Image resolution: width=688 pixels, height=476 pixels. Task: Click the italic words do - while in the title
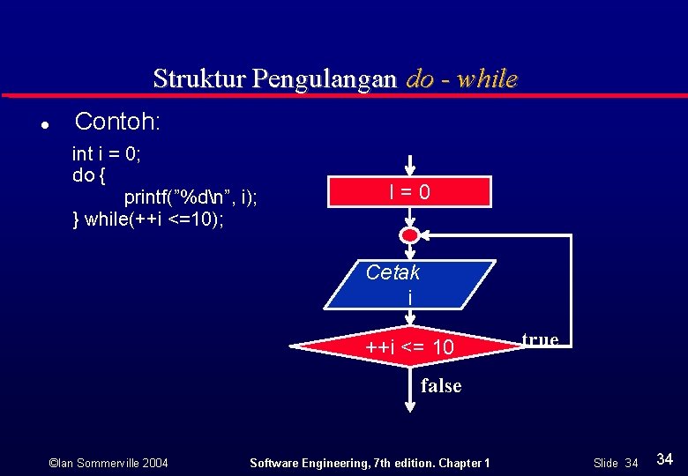tap(461, 78)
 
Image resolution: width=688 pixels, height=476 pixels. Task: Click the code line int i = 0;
tap(107, 154)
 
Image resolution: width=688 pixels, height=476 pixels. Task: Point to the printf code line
tap(191, 197)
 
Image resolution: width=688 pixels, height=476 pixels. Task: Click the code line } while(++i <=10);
tap(147, 219)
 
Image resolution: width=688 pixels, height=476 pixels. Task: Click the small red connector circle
tap(410, 235)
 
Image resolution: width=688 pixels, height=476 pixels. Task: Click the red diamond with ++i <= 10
tap(409, 347)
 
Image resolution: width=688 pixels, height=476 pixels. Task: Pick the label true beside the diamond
tap(540, 339)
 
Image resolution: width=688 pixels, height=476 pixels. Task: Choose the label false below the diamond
tap(441, 385)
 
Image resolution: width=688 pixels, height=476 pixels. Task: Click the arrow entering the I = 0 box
tap(410, 167)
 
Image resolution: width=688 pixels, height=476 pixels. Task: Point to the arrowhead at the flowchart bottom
tap(410, 405)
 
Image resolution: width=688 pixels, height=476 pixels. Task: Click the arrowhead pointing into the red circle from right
tap(427, 235)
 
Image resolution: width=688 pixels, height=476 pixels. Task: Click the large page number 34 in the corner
tap(666, 459)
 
